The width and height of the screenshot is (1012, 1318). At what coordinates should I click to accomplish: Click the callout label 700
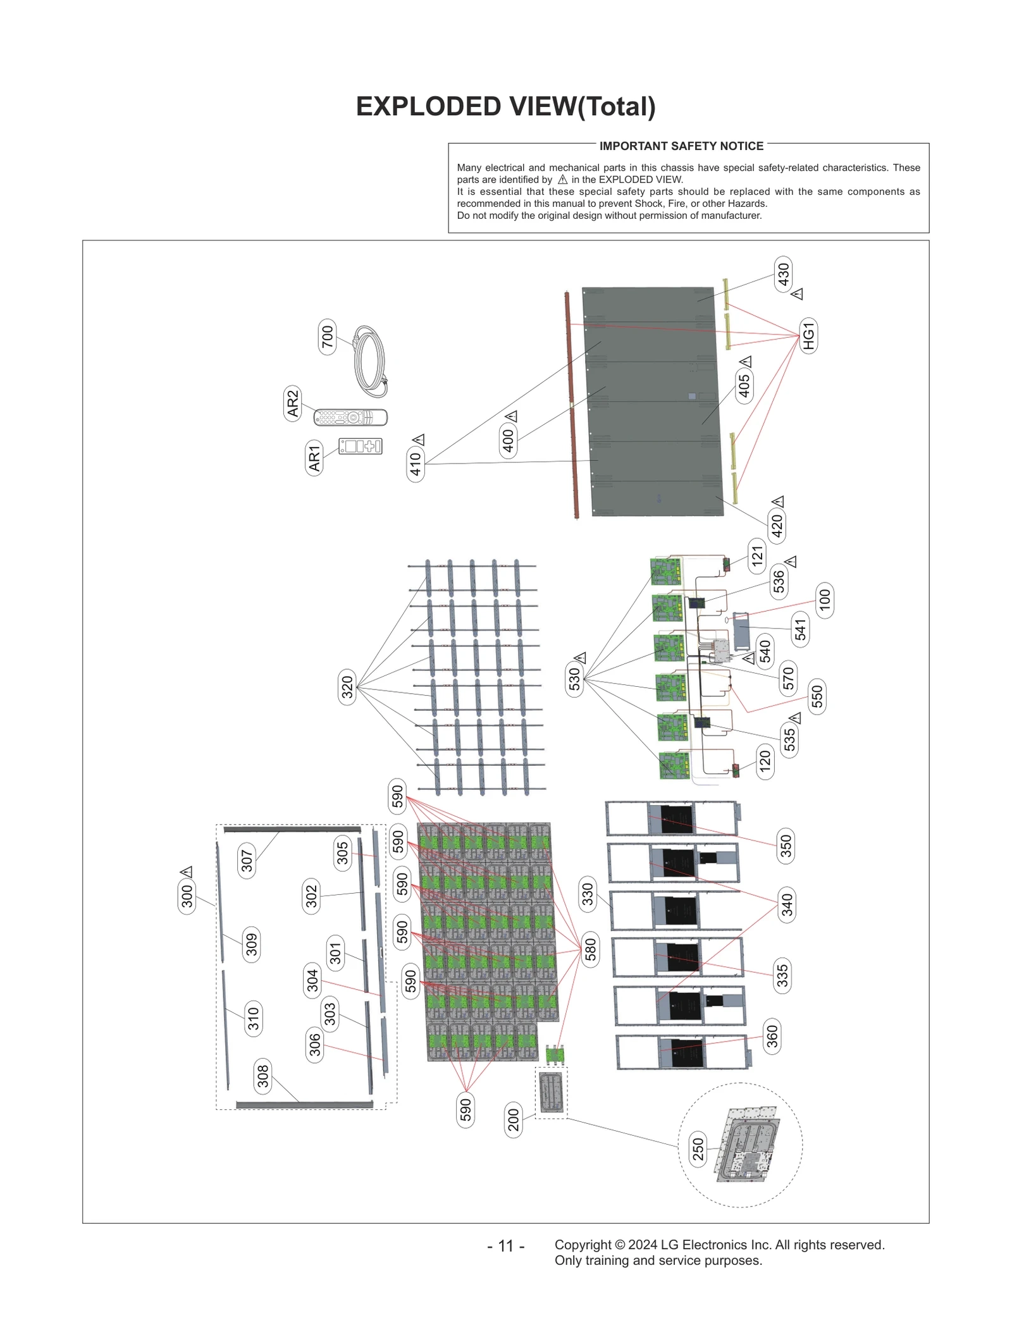tap(327, 336)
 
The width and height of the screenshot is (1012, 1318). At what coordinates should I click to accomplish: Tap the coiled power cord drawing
tap(371, 362)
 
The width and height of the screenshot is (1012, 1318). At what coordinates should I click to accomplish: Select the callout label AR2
tap(292, 403)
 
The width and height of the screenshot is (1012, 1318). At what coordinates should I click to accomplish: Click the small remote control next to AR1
tap(361, 446)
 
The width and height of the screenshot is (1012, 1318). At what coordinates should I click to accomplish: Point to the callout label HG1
tap(808, 336)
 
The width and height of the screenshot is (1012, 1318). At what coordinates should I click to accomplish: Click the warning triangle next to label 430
tap(798, 294)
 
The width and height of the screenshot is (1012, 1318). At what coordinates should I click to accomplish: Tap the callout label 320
tap(347, 687)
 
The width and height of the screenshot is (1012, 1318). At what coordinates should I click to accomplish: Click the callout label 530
tap(574, 679)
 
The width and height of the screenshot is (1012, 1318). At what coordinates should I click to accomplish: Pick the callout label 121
tap(757, 556)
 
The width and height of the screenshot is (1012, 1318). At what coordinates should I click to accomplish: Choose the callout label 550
tap(817, 696)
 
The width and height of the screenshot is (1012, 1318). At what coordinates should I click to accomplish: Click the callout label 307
tap(247, 860)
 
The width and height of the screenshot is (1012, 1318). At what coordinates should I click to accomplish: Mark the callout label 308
tap(263, 1076)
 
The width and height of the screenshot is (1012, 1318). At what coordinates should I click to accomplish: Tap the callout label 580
tap(590, 949)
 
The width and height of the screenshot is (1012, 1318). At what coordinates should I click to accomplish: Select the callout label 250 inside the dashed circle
tap(698, 1149)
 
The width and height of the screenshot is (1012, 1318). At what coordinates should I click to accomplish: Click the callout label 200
tap(514, 1120)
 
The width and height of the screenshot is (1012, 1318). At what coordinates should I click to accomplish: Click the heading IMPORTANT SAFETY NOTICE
tap(681, 146)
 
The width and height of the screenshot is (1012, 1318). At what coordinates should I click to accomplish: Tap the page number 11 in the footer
tap(505, 1245)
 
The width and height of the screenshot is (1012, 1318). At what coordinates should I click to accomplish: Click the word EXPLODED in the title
tap(429, 107)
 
